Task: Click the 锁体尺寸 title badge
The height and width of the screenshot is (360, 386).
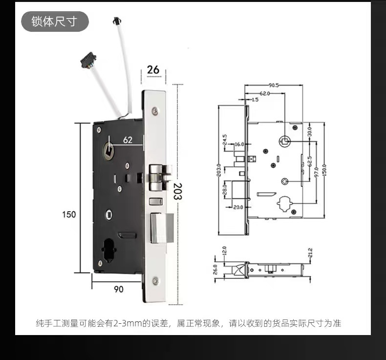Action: tap(54, 22)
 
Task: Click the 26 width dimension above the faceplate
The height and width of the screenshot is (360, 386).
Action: tap(153, 69)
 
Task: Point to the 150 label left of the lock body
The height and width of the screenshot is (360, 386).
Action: tap(69, 214)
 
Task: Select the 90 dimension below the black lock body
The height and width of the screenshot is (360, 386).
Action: tap(119, 289)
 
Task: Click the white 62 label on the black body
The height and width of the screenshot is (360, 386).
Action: tap(128, 140)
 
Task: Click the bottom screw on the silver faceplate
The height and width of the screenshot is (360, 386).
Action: tap(155, 281)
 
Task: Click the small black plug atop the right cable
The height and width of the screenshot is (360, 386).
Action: tap(117, 21)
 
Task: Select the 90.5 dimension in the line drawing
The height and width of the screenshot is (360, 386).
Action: tap(274, 85)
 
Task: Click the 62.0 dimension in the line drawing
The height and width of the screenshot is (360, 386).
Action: tap(264, 93)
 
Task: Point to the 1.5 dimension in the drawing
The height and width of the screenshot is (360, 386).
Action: tap(255, 99)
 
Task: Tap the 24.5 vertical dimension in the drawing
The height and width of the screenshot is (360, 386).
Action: tap(225, 139)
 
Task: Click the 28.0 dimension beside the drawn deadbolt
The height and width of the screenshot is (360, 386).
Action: tap(225, 189)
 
